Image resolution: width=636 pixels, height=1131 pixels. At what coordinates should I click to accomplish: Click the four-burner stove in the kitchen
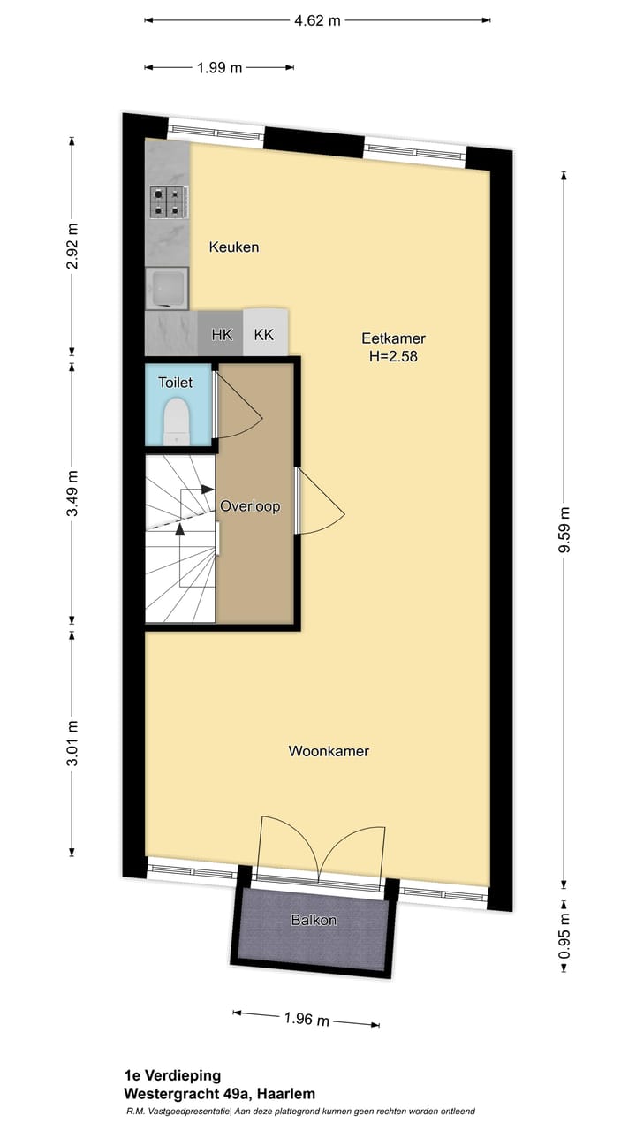[167, 203]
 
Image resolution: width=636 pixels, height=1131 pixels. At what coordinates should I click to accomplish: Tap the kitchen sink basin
[166, 288]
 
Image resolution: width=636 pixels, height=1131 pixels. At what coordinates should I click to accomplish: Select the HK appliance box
[221, 335]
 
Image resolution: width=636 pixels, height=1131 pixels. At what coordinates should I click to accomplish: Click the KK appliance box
[264, 335]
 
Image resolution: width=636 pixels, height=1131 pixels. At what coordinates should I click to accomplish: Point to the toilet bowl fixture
[178, 419]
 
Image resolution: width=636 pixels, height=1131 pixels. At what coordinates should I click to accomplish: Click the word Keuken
[234, 247]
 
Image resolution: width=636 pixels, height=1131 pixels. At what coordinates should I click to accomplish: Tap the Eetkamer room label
[393, 338]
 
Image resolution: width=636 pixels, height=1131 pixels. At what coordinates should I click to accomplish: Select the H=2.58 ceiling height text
[393, 358]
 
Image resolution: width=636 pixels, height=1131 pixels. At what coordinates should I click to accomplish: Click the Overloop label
[250, 506]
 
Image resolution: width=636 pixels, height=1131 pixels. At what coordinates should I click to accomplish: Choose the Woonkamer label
[329, 752]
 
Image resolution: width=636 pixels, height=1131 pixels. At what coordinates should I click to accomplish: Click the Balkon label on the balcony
[314, 920]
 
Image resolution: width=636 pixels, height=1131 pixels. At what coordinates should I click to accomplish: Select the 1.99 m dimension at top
[218, 68]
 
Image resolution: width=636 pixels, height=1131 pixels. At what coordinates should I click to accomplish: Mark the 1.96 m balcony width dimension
[307, 1020]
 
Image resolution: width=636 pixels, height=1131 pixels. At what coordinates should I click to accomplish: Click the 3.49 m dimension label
[73, 494]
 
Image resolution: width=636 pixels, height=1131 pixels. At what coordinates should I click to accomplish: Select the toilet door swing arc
[238, 406]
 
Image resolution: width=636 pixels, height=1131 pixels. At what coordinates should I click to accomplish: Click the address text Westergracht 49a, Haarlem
[219, 1094]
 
